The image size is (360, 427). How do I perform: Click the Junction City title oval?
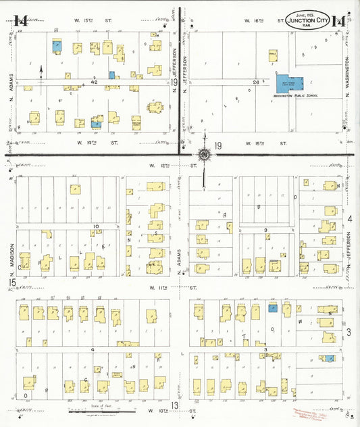coord(308,20)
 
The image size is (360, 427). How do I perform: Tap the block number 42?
coord(95,81)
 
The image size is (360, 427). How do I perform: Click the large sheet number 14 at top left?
coord(20,20)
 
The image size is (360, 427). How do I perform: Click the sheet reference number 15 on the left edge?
coord(11,282)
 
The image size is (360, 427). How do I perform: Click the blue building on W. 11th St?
coord(273,308)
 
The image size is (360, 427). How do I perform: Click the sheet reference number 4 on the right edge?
coord(350,218)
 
